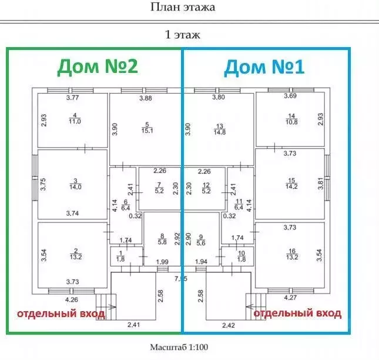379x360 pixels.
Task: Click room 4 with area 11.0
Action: (73, 119)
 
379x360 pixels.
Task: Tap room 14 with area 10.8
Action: (290, 119)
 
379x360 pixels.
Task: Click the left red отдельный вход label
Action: (60, 313)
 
